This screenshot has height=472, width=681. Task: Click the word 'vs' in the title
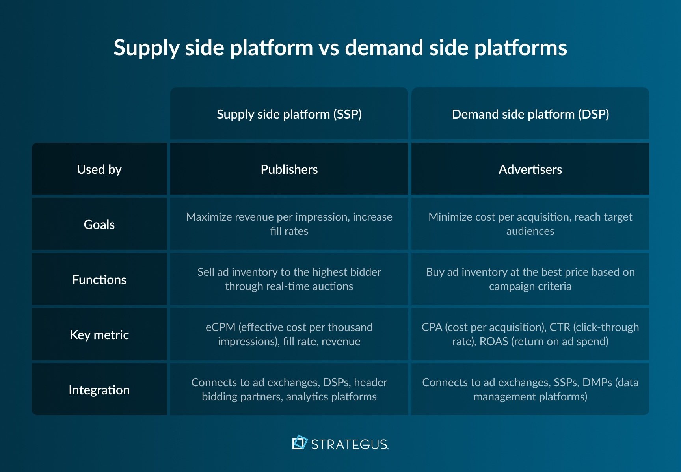(329, 48)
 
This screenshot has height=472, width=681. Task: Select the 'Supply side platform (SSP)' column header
(289, 114)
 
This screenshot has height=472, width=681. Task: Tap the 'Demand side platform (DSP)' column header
(530, 114)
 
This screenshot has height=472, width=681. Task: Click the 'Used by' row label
(99, 169)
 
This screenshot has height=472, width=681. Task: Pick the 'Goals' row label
(99, 225)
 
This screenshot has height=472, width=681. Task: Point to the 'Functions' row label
(99, 280)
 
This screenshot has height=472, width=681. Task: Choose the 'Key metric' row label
(99, 335)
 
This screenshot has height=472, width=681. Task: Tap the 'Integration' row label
(99, 390)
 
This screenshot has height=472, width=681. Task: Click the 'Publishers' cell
(289, 169)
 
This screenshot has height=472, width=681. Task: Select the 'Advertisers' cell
(530, 169)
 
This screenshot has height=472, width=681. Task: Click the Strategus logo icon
(300, 442)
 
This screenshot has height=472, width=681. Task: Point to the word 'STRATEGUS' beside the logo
(350, 444)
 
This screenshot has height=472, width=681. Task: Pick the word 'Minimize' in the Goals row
(450, 217)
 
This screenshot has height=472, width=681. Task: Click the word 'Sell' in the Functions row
(206, 272)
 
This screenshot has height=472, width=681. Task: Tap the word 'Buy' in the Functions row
(435, 272)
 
